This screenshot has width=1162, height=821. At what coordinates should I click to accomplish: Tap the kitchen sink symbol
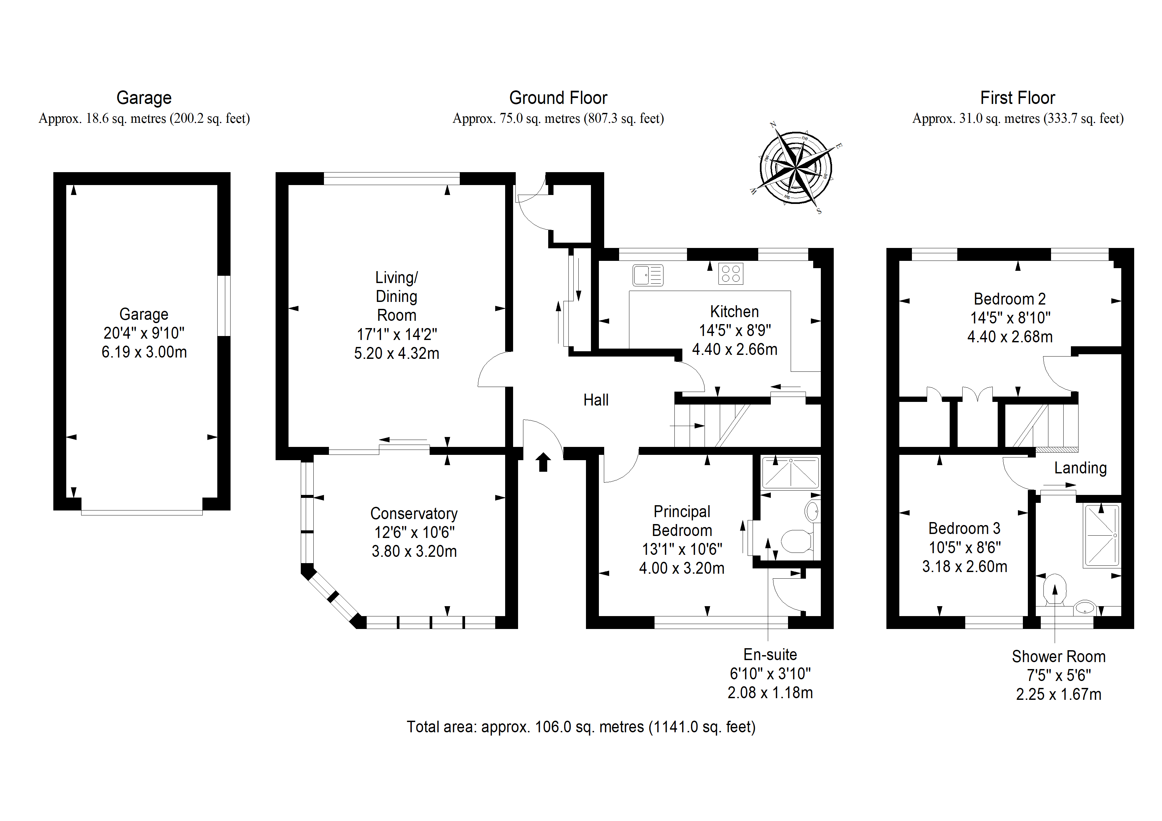tap(648, 275)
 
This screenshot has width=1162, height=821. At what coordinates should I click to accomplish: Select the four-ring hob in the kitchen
tap(731, 274)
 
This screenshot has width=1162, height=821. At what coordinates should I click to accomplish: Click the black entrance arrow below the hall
tap(544, 462)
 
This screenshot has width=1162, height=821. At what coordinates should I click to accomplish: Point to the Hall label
tap(596, 400)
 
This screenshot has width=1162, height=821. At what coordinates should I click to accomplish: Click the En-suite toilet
tap(798, 541)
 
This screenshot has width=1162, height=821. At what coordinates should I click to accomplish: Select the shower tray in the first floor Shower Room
tap(1102, 535)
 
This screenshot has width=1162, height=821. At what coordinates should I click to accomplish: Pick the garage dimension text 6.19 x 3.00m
tap(144, 352)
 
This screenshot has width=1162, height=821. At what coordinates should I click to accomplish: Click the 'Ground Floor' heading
tap(558, 98)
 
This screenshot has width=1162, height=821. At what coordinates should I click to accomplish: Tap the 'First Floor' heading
tap(1018, 98)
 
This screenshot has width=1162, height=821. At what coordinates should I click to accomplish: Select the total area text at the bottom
tap(581, 727)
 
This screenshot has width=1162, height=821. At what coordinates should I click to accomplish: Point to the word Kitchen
tap(734, 311)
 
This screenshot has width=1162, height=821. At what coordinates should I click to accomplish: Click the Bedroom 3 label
tap(964, 529)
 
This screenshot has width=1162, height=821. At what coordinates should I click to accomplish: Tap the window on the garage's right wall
tap(224, 306)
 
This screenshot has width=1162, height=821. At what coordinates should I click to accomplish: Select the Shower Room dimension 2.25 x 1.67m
tap(1059, 694)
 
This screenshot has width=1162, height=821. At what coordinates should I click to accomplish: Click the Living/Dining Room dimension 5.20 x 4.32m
tap(397, 353)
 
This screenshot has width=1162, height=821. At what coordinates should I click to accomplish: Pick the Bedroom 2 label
tap(1010, 299)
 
